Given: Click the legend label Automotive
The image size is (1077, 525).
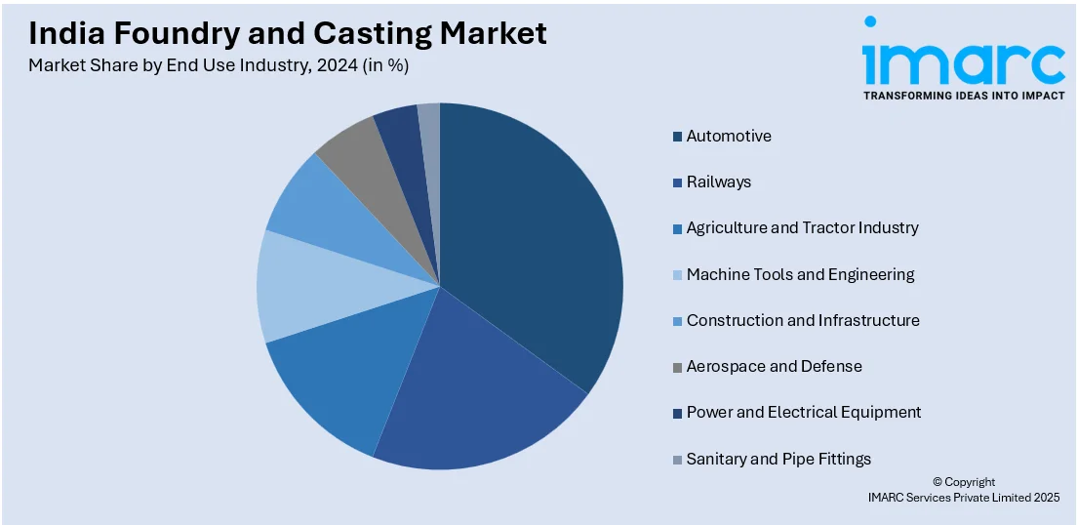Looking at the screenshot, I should [x=728, y=136].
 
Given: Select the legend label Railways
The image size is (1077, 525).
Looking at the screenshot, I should [x=718, y=182].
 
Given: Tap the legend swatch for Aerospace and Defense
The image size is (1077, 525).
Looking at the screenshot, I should [x=677, y=367].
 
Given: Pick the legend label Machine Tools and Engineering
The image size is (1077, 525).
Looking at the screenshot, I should [x=800, y=274].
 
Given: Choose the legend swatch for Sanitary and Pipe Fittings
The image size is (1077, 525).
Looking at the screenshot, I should [x=677, y=459].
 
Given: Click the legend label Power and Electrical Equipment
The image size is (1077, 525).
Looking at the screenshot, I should [x=803, y=412].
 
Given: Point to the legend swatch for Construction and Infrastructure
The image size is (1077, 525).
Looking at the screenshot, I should [x=677, y=321].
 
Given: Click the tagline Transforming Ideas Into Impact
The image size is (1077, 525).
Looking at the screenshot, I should [x=963, y=96].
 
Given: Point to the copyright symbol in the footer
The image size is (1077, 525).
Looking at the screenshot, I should [x=937, y=482].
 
